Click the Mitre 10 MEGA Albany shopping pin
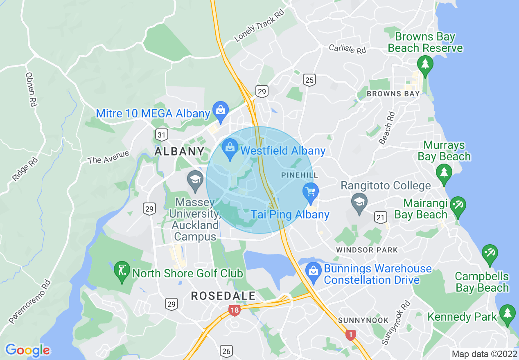tap(221, 111)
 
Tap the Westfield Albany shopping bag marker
tap(230, 148)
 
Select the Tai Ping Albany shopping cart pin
tap(311, 192)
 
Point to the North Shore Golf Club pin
tap(122, 271)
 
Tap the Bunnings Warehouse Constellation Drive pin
tap(314, 272)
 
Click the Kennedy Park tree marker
tap(508, 314)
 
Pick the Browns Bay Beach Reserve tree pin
tap(425, 65)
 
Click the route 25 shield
tap(309, 80)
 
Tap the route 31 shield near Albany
tap(161, 134)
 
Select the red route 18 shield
tap(235, 310)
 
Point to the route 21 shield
tap(380, 217)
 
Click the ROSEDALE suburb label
tap(223, 296)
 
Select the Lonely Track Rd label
tap(259, 27)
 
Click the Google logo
tap(27, 350)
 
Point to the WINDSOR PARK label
tap(367, 250)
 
